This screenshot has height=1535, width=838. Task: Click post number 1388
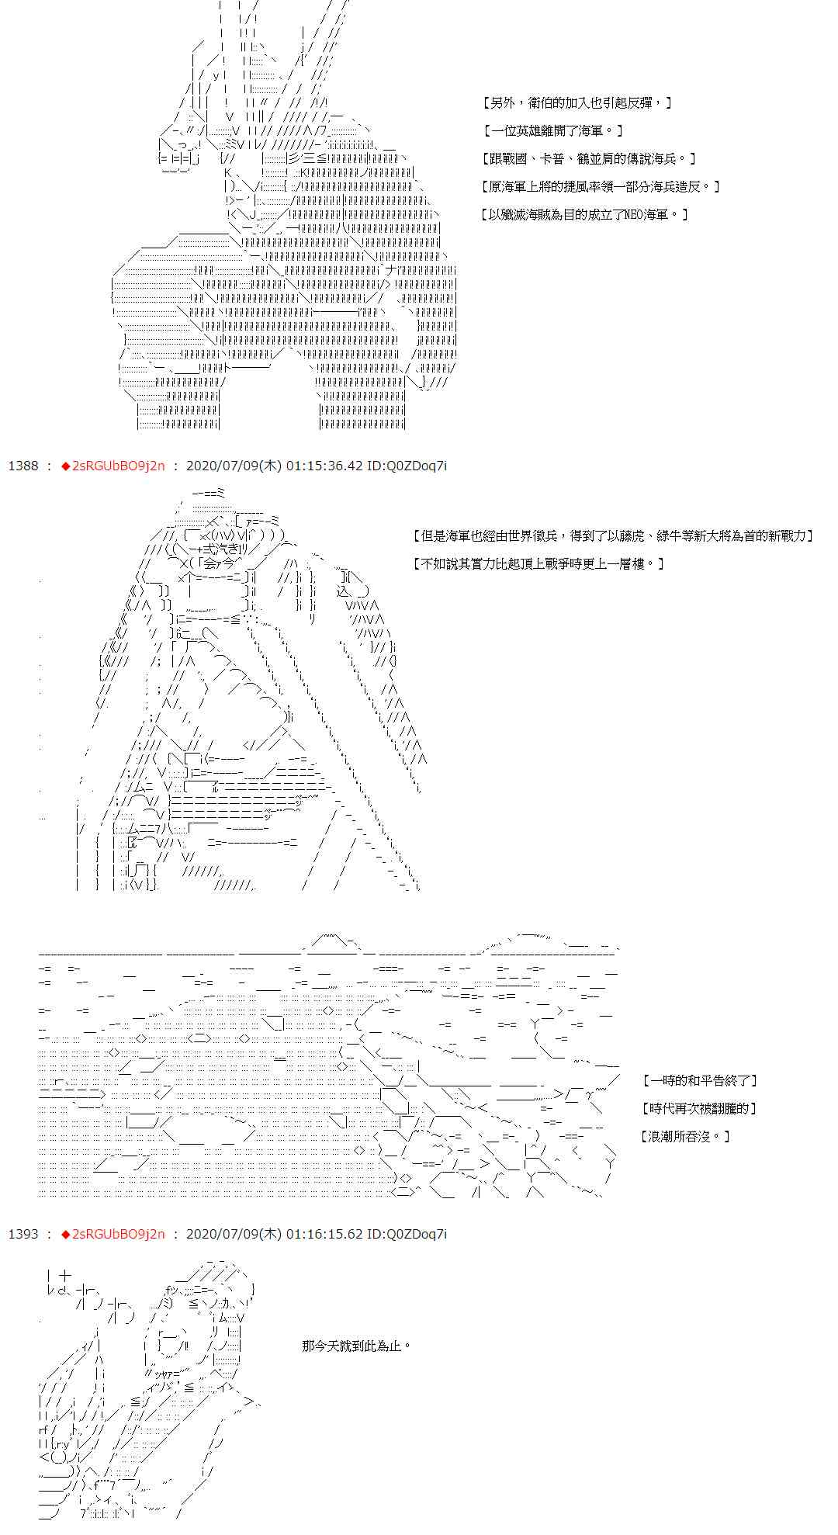pos(23,466)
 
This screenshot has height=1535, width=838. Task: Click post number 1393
pos(23,1234)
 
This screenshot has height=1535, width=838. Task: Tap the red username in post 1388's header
pos(117,466)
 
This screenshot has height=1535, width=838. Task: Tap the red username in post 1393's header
pos(117,1234)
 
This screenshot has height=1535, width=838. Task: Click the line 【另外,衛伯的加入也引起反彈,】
pos(577,102)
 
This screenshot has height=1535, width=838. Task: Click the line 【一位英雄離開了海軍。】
pos(552,130)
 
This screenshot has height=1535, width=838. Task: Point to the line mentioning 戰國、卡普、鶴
pos(588,158)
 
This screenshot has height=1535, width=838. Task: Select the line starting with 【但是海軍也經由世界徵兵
pos(614,535)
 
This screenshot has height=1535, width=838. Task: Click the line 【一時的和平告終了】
pos(700,1080)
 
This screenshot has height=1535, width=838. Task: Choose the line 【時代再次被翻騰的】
pos(699,1108)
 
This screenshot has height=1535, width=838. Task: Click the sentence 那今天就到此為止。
pos(356,1345)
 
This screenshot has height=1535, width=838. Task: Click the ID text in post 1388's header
pos(407,466)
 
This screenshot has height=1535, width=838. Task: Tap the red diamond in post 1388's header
pos(65,466)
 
